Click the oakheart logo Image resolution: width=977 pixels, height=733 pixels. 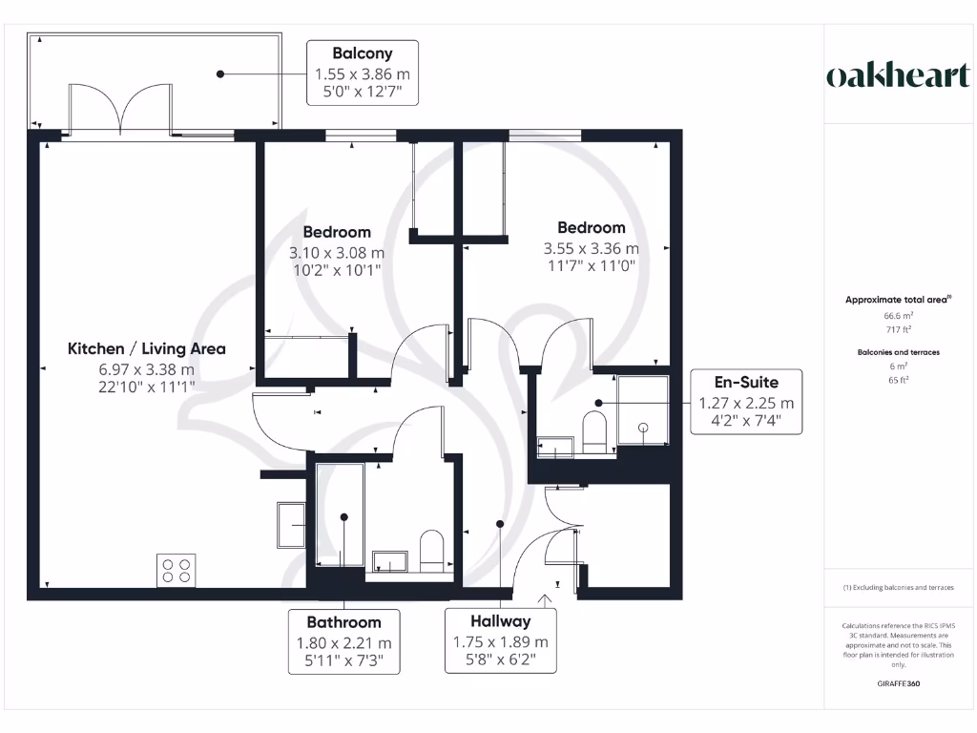point(898,75)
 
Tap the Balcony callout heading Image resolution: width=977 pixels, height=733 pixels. point(362,53)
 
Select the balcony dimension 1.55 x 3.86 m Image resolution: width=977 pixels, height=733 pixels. point(362,74)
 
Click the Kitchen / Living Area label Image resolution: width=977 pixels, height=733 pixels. point(146,348)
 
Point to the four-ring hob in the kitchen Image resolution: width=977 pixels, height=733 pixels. point(176,571)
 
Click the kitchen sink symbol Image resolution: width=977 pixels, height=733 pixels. point(291,525)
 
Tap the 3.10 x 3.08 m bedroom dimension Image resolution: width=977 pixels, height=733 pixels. point(337,253)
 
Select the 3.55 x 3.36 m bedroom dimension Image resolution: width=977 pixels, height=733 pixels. point(592,249)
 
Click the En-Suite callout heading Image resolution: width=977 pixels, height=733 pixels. point(746,382)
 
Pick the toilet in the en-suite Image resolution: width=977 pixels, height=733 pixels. point(593,432)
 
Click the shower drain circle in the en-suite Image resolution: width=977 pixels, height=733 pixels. point(643,428)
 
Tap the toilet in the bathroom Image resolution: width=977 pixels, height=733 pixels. point(431,551)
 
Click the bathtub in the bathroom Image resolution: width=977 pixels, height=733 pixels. point(341,514)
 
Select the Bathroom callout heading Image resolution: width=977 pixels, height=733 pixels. point(343,622)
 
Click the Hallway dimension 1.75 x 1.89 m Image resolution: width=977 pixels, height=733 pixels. point(500,642)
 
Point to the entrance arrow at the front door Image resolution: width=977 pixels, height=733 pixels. point(545,601)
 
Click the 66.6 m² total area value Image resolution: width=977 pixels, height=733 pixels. point(898,316)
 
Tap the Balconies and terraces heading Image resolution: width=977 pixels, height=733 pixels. point(898,352)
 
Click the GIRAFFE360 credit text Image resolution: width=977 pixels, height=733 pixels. point(898,683)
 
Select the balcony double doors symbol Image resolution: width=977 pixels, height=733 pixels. point(120,109)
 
